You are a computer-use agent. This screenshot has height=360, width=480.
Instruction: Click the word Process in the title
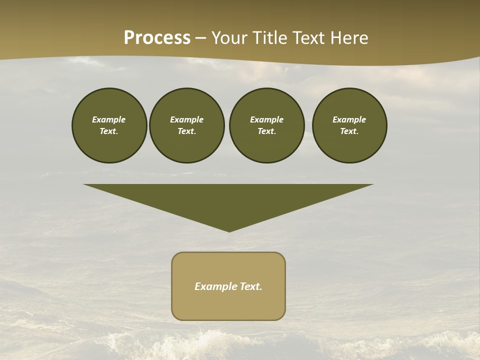coord(157,38)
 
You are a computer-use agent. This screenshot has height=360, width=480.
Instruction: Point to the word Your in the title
coord(229,38)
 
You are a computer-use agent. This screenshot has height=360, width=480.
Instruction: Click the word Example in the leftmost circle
coord(109,119)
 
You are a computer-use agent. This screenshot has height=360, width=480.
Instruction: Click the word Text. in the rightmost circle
coord(349,131)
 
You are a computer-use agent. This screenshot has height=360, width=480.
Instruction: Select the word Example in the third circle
coord(266,119)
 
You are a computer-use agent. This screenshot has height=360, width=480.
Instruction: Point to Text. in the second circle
coord(186,131)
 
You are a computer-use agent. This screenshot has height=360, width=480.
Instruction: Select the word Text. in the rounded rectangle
coord(251,286)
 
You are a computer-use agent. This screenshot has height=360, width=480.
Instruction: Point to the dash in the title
coord(201,38)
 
